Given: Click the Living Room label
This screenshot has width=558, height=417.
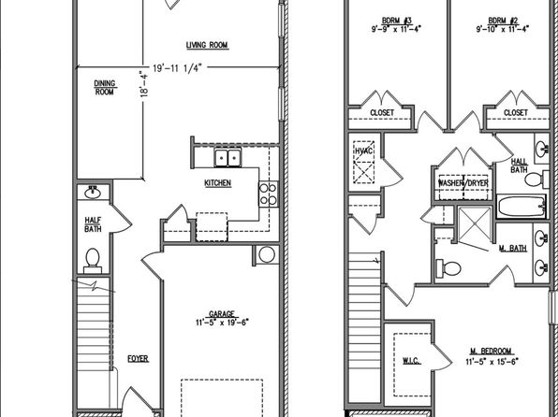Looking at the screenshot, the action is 207,45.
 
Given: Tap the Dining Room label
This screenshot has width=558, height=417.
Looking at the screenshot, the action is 105,88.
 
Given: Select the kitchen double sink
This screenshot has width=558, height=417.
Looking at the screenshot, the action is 228,157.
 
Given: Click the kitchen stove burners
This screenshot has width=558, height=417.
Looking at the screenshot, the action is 269,194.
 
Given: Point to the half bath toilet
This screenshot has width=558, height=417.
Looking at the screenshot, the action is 93,260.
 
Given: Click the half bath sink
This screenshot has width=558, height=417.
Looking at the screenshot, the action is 93,193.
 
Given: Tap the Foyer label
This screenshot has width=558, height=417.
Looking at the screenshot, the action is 138,359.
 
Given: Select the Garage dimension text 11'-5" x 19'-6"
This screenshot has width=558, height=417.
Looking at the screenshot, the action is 222,323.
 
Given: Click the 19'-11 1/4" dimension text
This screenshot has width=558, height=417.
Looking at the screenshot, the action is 177,68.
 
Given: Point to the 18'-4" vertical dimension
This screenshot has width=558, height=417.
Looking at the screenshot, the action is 144,84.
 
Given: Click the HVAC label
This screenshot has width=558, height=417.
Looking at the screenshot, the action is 363,151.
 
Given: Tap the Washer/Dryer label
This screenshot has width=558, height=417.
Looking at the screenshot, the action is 463,183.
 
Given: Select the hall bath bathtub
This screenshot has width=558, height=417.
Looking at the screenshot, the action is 521,207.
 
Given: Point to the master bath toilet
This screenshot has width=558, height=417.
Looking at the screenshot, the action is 448,268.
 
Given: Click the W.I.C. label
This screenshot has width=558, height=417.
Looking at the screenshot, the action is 412,361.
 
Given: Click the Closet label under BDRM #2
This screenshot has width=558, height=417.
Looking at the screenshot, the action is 516,113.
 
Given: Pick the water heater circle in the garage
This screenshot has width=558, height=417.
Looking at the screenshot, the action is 267,254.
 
